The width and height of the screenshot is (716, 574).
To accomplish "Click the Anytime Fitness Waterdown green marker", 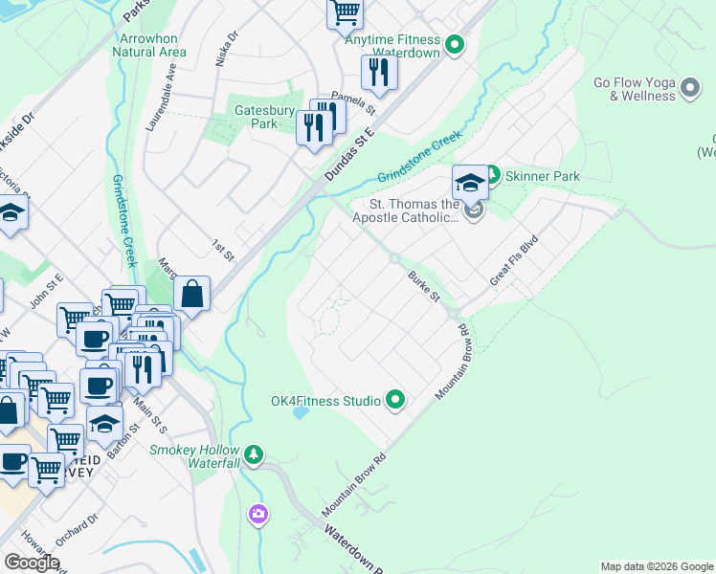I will click(x=456, y=43).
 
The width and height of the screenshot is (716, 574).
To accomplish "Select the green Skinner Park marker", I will click(x=492, y=175).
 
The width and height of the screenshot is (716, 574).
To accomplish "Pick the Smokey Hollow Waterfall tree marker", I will click(x=254, y=453).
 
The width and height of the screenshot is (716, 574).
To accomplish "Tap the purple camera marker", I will click(x=257, y=516).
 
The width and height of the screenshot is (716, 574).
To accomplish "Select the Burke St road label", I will click(x=423, y=285).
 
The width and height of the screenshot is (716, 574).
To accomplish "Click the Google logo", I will click(x=32, y=562).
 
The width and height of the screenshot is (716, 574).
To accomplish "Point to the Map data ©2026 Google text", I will click(x=657, y=566).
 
